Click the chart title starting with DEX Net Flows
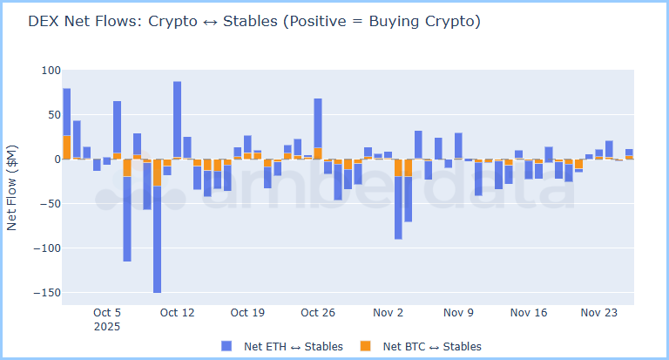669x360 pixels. point(253,22)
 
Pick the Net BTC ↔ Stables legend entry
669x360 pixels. point(432,346)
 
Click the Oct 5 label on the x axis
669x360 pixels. point(107,312)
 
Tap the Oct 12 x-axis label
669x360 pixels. point(177,312)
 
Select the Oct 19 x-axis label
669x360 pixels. point(247,312)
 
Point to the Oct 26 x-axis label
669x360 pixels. point(318,312)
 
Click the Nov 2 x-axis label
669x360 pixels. point(388,312)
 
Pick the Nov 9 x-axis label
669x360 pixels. point(458,312)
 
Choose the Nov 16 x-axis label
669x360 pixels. point(529,312)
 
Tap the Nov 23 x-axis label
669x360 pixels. point(598,312)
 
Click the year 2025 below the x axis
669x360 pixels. point(107,327)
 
